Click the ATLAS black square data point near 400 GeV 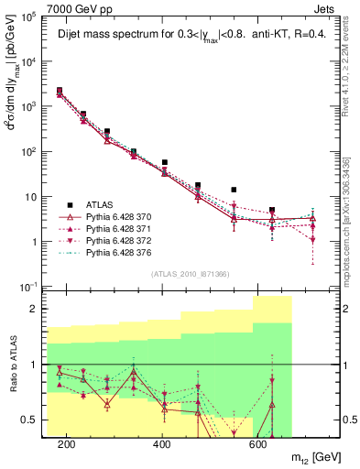click(165, 162)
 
